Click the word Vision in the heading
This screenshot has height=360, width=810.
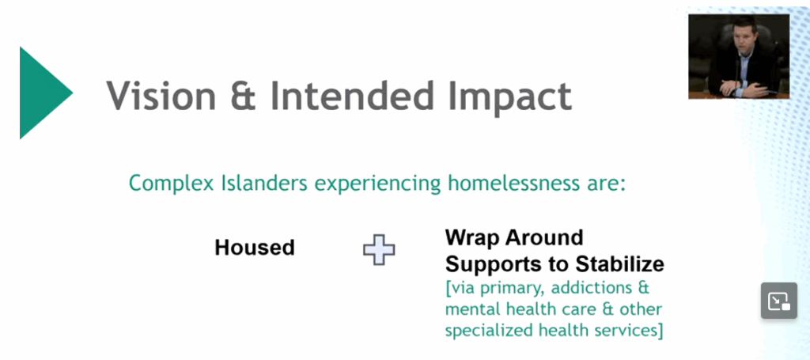[x=161, y=96]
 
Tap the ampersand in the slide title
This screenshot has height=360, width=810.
[x=244, y=96]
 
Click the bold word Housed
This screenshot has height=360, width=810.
[x=255, y=248]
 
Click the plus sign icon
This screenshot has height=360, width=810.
[x=379, y=250]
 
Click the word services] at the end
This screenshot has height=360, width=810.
[x=629, y=331]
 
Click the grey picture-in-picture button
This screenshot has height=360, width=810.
[x=779, y=300]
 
